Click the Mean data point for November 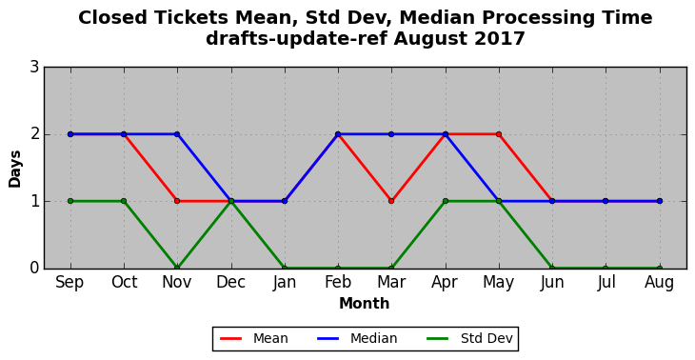tap(177, 201)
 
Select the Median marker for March tap(391, 134)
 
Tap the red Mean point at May tap(499, 134)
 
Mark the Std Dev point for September tap(70, 201)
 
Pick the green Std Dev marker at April tap(445, 201)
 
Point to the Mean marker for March tap(391, 201)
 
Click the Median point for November tap(177, 134)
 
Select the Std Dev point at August tap(660, 268)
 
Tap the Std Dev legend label tap(486, 339)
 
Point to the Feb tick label tap(338, 282)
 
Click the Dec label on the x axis tap(231, 282)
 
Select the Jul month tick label tap(606, 282)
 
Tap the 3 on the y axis tap(34, 68)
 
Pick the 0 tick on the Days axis tap(34, 269)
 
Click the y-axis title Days tap(14, 169)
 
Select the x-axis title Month tap(365, 304)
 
